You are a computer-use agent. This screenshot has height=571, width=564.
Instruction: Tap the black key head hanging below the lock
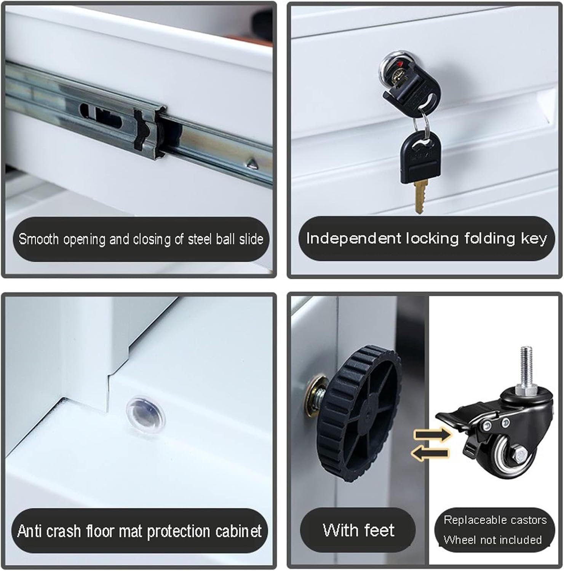[x=418, y=156]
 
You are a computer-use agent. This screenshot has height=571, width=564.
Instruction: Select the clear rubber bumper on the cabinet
[x=146, y=413]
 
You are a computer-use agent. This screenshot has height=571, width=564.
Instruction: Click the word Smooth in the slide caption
[x=39, y=239]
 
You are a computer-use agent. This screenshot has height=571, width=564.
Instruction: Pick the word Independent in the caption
[x=353, y=238]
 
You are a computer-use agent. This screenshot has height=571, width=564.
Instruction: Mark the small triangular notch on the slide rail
[x=251, y=164]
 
